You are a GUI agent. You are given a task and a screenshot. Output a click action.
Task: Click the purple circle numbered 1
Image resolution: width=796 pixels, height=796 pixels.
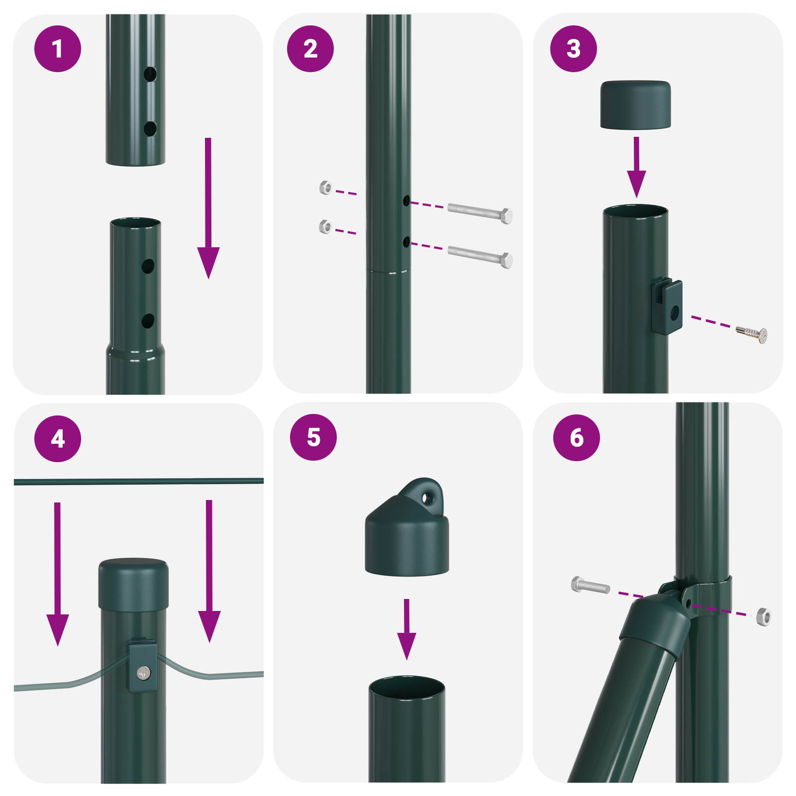click(x=58, y=49)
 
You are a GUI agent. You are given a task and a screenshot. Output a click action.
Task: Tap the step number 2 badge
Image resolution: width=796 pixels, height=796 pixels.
click(x=310, y=49)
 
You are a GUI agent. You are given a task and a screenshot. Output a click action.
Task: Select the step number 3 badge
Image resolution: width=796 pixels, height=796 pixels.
click(x=573, y=49)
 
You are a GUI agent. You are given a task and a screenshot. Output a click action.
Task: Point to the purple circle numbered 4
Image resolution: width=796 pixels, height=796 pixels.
click(x=58, y=438)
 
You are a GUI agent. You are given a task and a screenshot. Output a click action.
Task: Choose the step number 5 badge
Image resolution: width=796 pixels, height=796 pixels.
click(x=313, y=437)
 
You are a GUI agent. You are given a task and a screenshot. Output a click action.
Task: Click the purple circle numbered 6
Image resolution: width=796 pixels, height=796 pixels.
click(x=577, y=437)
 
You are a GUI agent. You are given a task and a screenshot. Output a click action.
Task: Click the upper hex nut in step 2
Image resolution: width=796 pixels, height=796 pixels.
click(x=325, y=188)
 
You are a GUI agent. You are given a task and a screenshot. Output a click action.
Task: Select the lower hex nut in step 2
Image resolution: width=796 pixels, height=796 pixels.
click(x=325, y=227)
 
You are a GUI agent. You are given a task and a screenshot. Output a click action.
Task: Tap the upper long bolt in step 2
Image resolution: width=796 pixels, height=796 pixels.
click(x=480, y=212)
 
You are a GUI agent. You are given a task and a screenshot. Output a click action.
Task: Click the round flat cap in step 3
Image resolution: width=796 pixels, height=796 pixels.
click(x=635, y=105)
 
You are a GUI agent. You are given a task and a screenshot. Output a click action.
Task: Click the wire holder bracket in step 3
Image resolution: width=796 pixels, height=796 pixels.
click(x=667, y=306)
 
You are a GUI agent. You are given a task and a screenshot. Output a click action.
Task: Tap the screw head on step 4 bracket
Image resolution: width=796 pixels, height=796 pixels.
click(x=144, y=673)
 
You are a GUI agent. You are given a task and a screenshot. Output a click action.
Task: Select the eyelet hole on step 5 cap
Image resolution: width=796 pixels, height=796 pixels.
click(x=425, y=497)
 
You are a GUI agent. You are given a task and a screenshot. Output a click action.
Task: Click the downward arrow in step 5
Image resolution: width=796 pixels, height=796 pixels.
click(x=406, y=629)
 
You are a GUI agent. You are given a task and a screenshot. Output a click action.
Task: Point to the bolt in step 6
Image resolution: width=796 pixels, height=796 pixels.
click(x=590, y=585)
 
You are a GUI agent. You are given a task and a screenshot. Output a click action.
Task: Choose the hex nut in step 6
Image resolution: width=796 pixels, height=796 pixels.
click(x=763, y=617)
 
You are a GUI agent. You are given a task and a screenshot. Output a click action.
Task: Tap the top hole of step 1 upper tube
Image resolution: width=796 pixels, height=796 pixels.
click(x=150, y=75)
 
